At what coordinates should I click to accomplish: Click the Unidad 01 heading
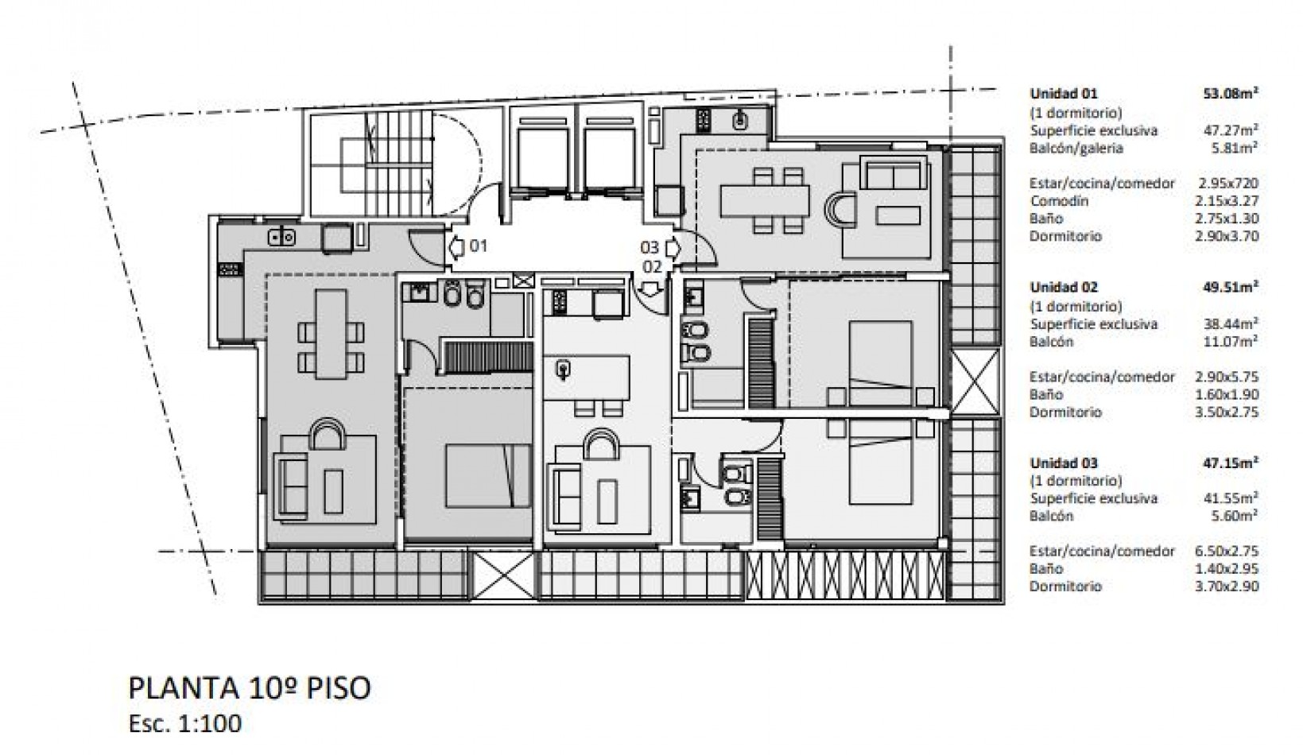pos(1064,92)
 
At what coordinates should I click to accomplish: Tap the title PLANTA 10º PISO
pos(249,688)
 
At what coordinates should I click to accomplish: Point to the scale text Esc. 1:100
pos(184,723)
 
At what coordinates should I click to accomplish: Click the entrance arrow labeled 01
pos(459,246)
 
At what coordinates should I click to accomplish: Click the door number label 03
pos(650,248)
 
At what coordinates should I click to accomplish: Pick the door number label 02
pos(652,266)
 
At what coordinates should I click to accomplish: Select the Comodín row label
pos(1059,201)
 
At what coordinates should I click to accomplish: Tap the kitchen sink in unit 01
pos(282,236)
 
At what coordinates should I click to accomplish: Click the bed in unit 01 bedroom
pos(488,475)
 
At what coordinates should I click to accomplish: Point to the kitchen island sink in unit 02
pos(564,368)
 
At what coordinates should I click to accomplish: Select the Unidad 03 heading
pos(1064,463)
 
